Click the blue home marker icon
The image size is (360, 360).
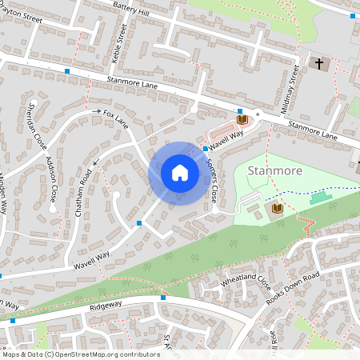(179, 173)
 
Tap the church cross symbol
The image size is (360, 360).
(319, 62)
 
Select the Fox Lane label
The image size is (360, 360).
(115, 120)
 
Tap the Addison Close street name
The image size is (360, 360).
(53, 178)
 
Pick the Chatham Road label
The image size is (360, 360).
(79, 195)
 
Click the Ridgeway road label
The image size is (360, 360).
(106, 305)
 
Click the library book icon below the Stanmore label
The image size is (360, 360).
(277, 208)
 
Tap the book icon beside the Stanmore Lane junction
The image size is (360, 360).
(242, 119)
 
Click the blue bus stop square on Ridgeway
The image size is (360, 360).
(163, 298)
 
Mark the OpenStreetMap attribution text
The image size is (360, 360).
(81, 354)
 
